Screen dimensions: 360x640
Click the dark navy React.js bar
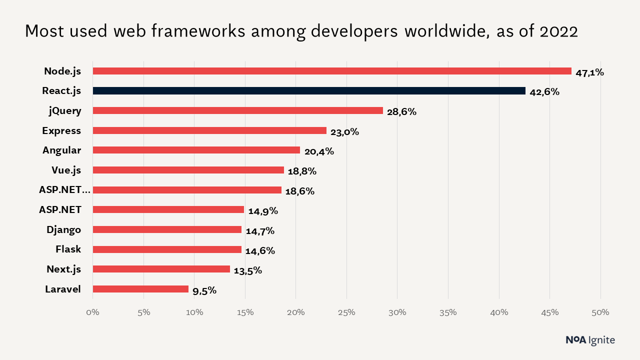tap(309, 91)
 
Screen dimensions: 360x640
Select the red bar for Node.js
tap(332, 71)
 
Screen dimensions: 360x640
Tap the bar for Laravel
tap(140, 289)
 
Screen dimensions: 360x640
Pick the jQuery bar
tap(238, 110)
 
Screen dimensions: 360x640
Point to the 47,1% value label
tap(589, 72)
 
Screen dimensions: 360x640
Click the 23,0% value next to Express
tap(344, 132)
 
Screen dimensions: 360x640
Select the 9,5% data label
tap(204, 290)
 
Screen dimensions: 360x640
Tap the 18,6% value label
tap(299, 191)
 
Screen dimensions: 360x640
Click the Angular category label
tap(61, 150)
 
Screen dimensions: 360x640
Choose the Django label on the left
tap(63, 229)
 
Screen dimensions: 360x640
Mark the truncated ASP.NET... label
tap(65, 189)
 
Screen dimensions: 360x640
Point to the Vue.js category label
tap(66, 170)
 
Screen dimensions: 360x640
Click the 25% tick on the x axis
tap(346, 312)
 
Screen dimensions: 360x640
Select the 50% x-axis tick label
tap(600, 312)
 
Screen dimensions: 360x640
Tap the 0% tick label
tap(93, 312)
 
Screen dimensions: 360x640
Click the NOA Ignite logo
tap(590, 340)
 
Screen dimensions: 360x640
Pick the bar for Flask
tap(167, 249)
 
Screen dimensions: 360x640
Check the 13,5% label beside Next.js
tap(247, 271)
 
